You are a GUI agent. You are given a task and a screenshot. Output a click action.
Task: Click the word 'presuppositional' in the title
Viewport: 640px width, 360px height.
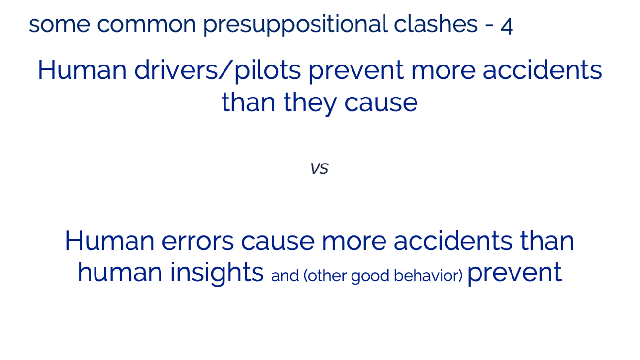(x=295, y=25)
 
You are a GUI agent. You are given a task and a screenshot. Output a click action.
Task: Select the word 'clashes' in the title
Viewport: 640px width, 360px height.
(x=436, y=24)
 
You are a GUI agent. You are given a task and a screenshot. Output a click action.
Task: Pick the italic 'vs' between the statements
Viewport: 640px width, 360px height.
(x=320, y=168)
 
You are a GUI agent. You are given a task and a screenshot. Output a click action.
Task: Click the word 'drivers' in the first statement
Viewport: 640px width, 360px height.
(x=176, y=69)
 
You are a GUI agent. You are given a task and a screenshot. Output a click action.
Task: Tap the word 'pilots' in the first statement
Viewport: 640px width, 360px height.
(x=267, y=71)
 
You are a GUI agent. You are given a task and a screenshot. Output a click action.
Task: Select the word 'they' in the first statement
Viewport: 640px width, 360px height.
(x=310, y=103)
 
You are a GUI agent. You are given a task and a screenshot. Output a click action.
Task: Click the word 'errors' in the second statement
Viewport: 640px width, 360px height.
(x=198, y=241)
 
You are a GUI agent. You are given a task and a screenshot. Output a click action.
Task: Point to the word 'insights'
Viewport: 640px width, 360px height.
(x=217, y=273)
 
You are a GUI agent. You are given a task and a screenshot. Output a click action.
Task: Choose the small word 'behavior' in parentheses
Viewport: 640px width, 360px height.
(x=428, y=276)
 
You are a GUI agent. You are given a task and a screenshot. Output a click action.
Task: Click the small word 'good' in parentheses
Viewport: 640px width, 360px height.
(x=370, y=277)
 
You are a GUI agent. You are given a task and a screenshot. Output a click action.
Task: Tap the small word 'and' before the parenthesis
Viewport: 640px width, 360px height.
(x=285, y=276)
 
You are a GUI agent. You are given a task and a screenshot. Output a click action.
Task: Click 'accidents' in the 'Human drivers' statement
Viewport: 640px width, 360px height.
(x=543, y=69)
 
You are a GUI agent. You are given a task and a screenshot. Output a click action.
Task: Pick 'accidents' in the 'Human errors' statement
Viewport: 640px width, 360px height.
(x=453, y=240)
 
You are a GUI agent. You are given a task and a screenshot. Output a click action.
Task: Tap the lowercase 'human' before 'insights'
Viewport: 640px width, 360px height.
(x=120, y=272)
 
